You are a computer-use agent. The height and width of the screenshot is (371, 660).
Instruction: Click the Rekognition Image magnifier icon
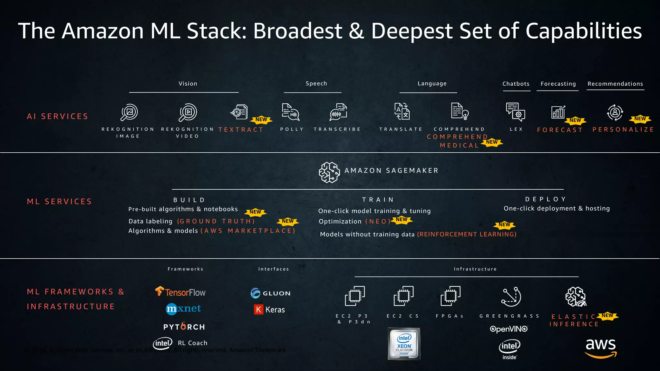pyautogui.click(x=129, y=112)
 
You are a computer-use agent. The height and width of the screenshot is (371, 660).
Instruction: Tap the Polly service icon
pyautogui.click(x=290, y=112)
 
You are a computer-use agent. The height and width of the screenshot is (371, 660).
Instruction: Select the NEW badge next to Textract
pyautogui.click(x=261, y=119)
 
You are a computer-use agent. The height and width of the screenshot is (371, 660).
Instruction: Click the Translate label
pyautogui.click(x=401, y=129)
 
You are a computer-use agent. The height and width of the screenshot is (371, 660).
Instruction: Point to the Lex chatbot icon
pyautogui.click(x=515, y=112)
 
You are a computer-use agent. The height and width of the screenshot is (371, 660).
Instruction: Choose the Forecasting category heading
pyautogui.click(x=558, y=84)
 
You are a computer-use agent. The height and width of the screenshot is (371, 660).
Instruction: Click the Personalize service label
pyautogui.click(x=623, y=129)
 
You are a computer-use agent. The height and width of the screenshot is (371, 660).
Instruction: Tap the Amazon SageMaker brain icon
pyautogui.click(x=329, y=172)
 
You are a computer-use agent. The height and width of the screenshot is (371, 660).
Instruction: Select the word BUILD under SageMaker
pyautogui.click(x=189, y=200)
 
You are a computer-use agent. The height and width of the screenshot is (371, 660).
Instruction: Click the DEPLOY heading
pyautogui.click(x=546, y=199)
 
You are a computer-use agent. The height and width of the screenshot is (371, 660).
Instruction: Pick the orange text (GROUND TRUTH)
pyautogui.click(x=216, y=221)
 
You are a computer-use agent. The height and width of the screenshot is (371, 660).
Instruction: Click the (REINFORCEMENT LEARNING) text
pyautogui.click(x=467, y=234)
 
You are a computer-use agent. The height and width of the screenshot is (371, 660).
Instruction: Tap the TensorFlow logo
pyautogui.click(x=180, y=292)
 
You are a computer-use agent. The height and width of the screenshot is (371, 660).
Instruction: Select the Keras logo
pyautogui.click(x=269, y=309)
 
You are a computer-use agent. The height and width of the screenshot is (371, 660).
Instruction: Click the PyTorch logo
pyautogui.click(x=184, y=327)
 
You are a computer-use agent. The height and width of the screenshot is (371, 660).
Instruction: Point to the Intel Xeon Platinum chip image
pyautogui.click(x=404, y=344)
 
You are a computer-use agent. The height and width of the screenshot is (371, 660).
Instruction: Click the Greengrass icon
pyautogui.click(x=511, y=297)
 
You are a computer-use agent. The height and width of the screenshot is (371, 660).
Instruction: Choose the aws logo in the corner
pyautogui.click(x=601, y=348)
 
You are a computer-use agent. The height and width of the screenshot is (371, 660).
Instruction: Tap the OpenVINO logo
pyautogui.click(x=509, y=329)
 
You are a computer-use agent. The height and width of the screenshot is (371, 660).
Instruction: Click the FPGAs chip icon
pyautogui.click(x=450, y=296)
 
